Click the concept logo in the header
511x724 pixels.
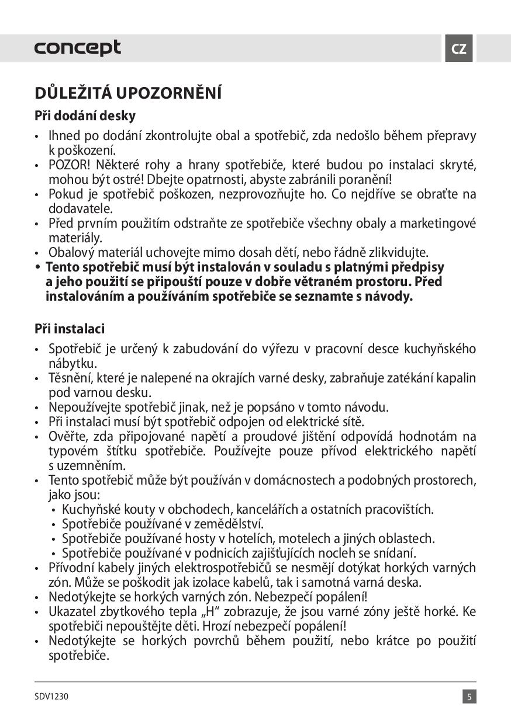click(77, 48)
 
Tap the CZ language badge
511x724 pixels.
click(459, 48)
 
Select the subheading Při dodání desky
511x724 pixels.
click(85, 116)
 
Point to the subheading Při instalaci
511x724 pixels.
click(70, 329)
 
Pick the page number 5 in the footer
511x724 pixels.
click(469, 697)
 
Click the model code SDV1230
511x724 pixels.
click(51, 697)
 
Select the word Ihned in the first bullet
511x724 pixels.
click(65, 137)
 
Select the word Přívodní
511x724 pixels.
click(72, 568)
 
